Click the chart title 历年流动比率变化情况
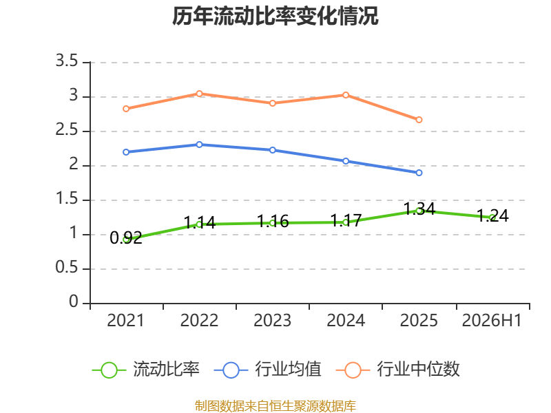click(275, 16)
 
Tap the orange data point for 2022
click(199, 94)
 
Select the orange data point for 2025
click(419, 120)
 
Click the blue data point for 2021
click(126, 152)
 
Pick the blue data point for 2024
click(346, 161)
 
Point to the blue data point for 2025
click(419, 173)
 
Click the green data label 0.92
click(126, 237)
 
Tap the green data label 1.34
click(419, 209)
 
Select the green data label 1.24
click(492, 215)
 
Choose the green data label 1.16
click(273, 221)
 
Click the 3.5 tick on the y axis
click(67, 61)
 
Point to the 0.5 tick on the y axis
click(67, 267)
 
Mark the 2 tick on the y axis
click(74, 164)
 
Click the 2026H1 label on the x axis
click(492, 320)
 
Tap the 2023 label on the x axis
click(272, 320)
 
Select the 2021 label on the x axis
click(125, 320)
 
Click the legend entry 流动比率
click(146, 370)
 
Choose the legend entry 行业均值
click(267, 370)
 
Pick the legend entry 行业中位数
click(398, 370)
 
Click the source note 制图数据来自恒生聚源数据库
click(275, 406)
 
